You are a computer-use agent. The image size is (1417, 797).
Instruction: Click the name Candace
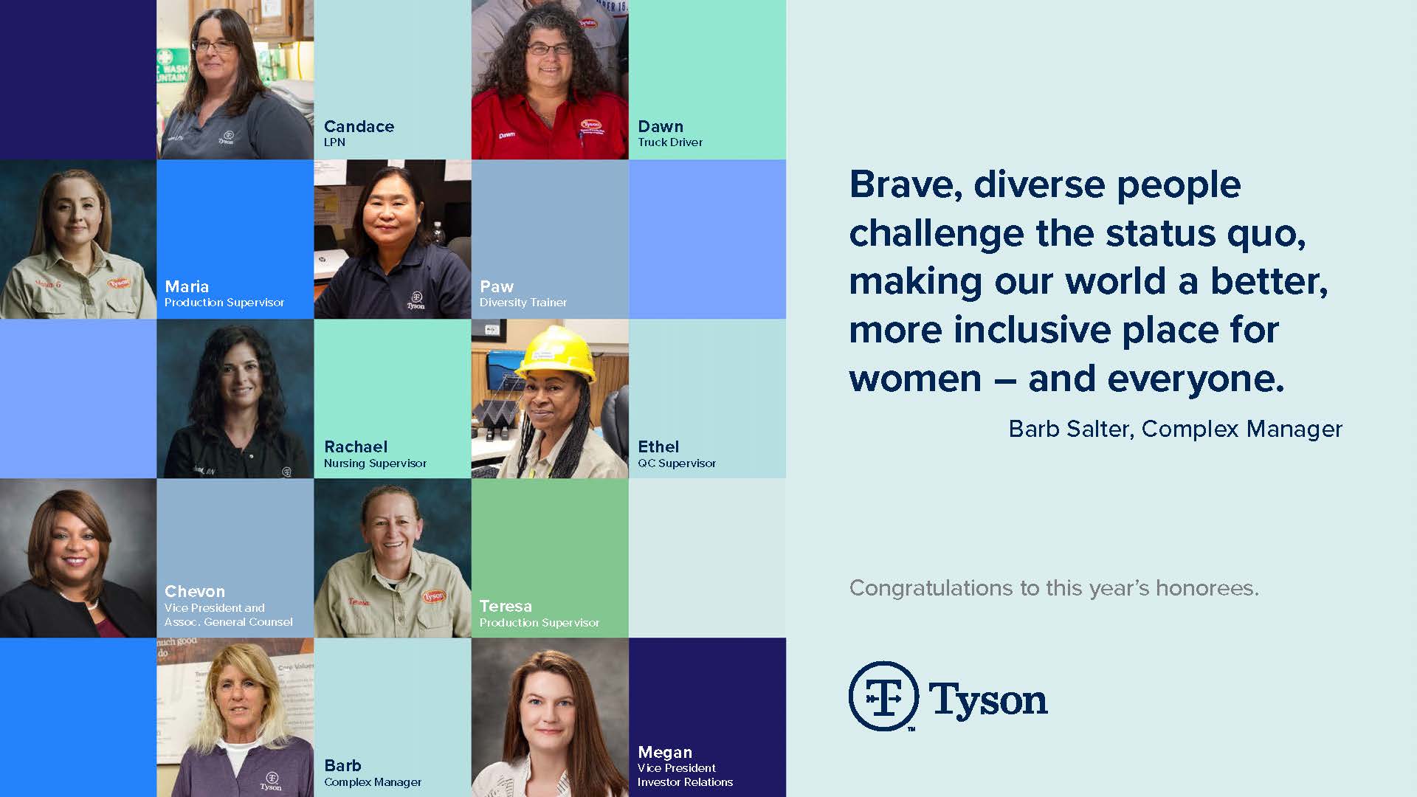[x=359, y=126]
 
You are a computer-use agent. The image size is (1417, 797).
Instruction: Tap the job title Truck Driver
[x=670, y=142]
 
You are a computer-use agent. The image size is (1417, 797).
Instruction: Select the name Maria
[x=187, y=286]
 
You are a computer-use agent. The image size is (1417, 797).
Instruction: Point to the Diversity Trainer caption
[x=523, y=303]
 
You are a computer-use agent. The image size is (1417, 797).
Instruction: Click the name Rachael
[x=356, y=446]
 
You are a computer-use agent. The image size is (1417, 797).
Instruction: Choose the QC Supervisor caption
[x=677, y=463]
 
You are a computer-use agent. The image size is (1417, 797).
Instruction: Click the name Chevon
[x=195, y=591]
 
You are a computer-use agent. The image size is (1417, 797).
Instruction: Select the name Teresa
[x=506, y=606]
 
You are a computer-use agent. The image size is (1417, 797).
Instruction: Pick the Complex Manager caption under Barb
[x=373, y=782]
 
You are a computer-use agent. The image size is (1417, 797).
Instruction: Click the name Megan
[x=665, y=752]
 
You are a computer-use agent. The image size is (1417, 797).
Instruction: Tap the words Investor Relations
[x=685, y=782]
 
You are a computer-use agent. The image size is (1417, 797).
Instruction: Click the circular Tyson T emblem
[x=883, y=696]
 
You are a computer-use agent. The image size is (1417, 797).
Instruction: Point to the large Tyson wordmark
[x=988, y=699]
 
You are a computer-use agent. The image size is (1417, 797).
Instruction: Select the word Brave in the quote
[x=906, y=184]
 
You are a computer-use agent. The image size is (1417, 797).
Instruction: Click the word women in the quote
[x=915, y=379]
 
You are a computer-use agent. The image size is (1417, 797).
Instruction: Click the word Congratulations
[x=931, y=589]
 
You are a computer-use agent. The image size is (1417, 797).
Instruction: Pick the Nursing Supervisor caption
[x=375, y=463]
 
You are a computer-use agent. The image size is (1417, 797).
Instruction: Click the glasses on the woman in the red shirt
[x=549, y=49]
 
